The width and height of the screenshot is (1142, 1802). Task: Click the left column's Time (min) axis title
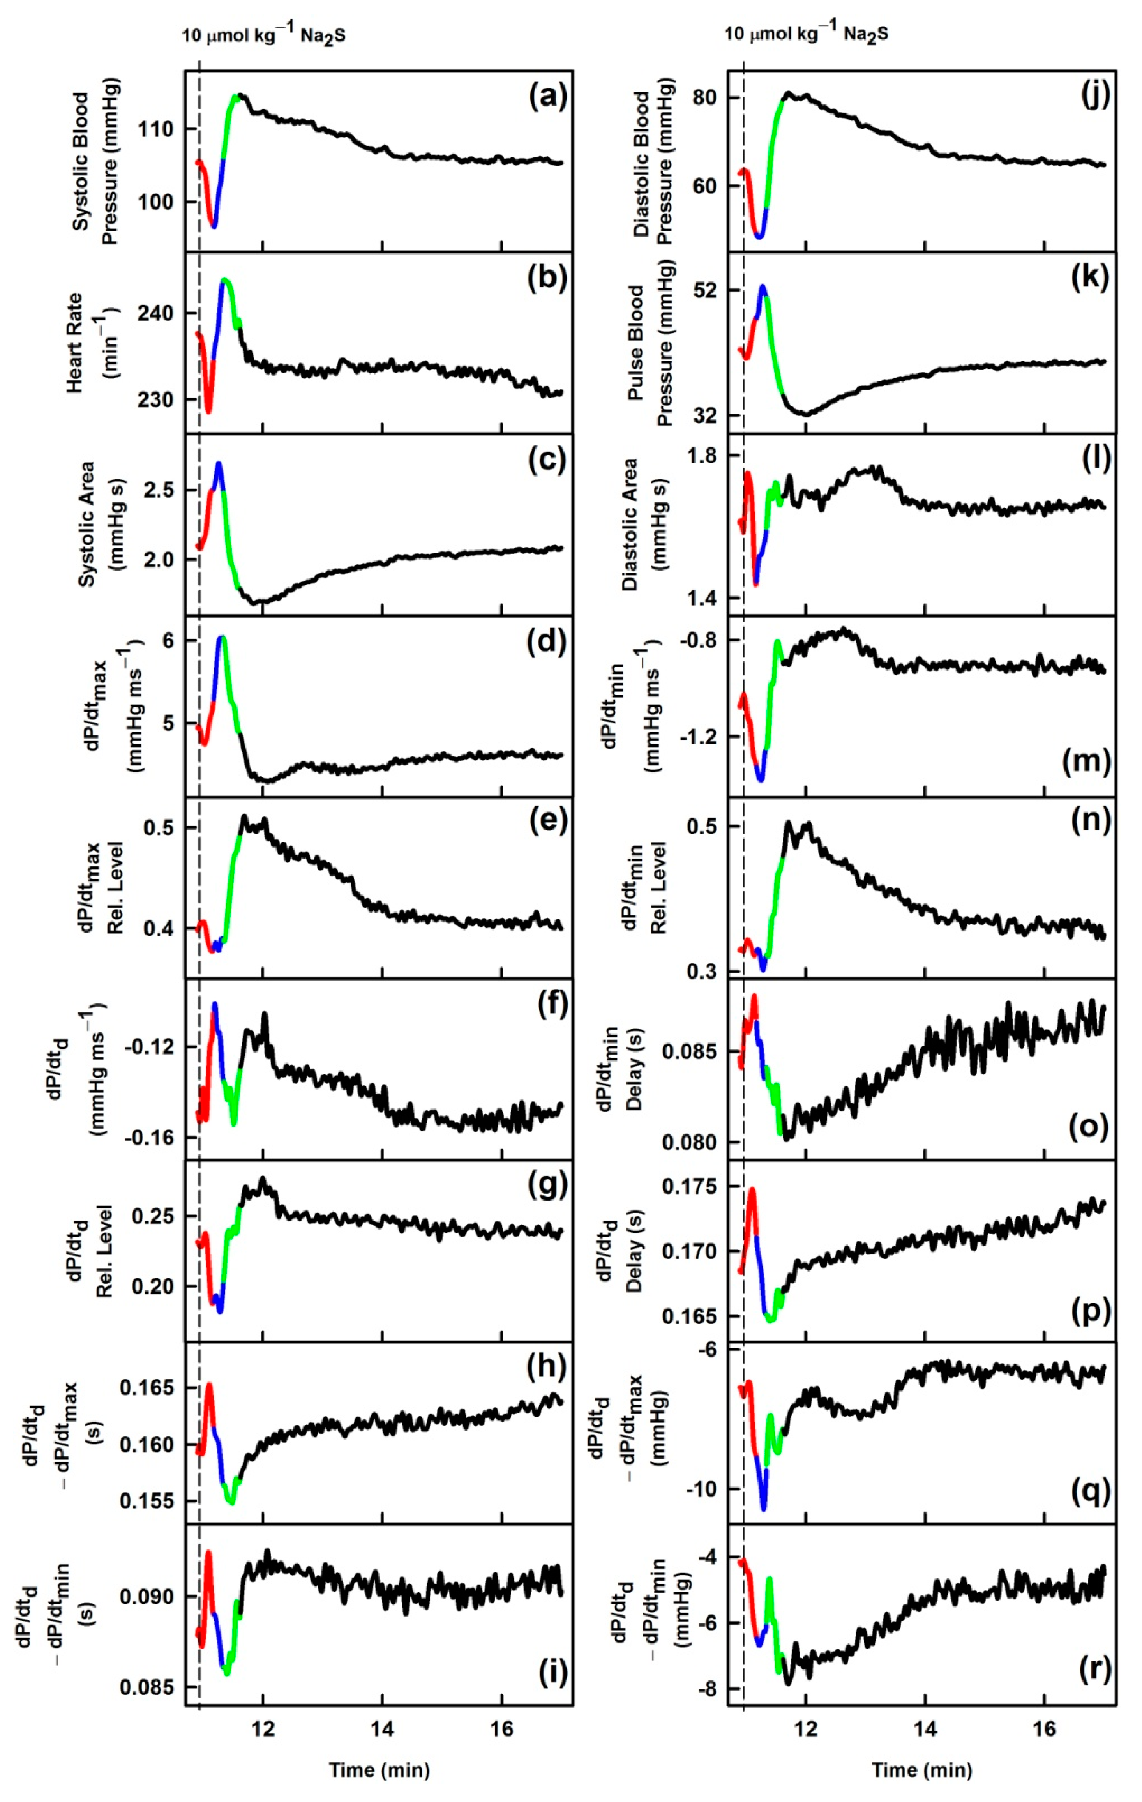[x=379, y=1770]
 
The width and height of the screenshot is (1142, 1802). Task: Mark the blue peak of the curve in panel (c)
[x=219, y=464]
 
